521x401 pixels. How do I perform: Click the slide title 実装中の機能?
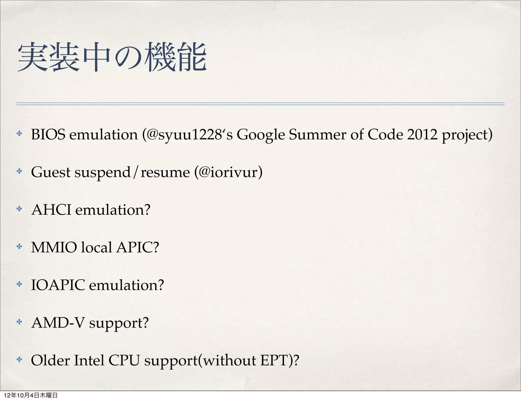(112, 57)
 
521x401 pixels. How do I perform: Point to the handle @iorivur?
(228, 172)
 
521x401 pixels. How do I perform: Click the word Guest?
(51, 172)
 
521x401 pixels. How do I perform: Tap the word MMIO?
(54, 247)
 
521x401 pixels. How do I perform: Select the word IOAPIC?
(58, 285)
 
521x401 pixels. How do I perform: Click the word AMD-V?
(58, 323)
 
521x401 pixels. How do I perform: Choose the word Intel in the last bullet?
(89, 360)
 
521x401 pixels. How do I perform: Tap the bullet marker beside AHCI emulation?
(19, 209)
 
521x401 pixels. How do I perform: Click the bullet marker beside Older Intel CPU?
(19, 360)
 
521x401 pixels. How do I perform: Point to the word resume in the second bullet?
(165, 173)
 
